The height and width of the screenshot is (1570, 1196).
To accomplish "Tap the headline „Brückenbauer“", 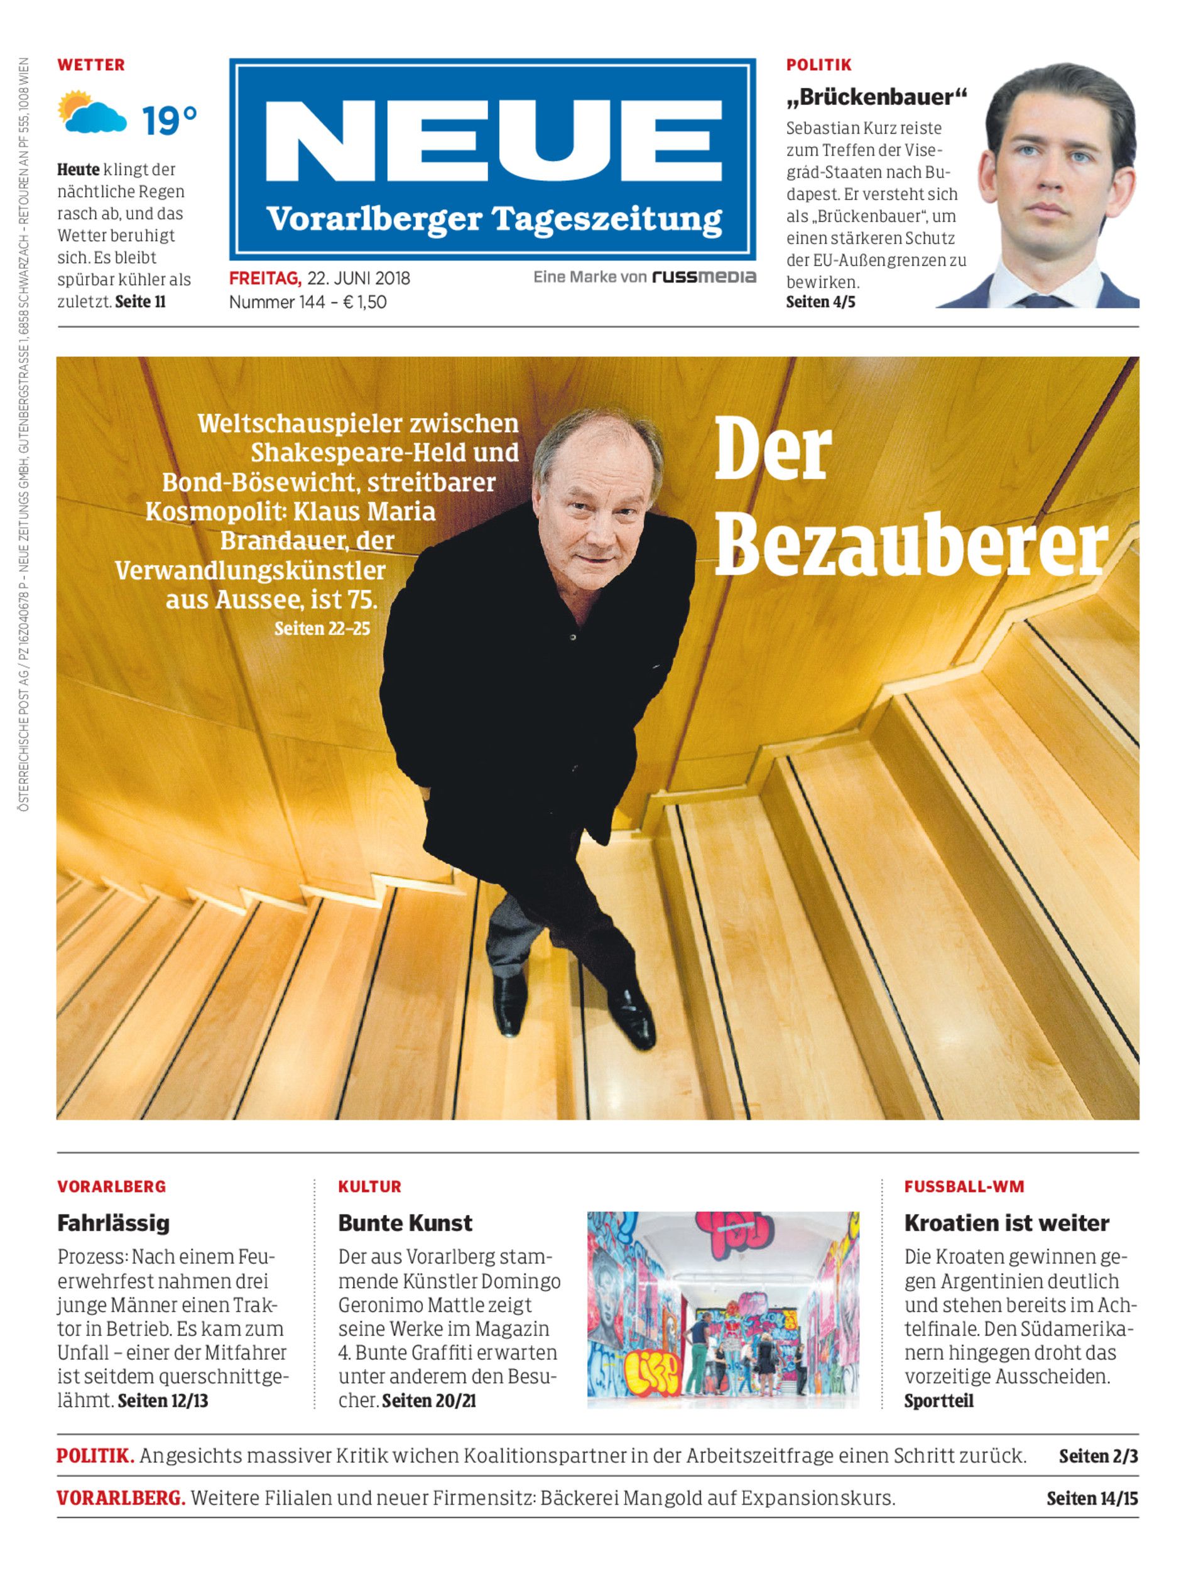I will [876, 97].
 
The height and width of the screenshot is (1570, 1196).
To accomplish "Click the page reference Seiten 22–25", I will [322, 629].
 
